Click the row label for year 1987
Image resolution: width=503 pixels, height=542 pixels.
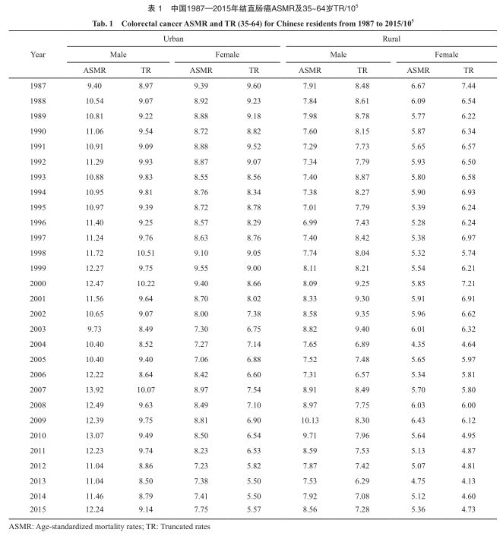38,86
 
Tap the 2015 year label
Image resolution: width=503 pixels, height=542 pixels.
38,509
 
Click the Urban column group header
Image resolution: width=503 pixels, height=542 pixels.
174,37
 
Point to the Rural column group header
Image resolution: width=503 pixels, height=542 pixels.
393,37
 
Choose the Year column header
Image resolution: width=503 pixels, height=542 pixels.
38,54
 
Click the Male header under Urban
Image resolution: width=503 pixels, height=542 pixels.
118,54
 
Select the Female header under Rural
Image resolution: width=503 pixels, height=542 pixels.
446,54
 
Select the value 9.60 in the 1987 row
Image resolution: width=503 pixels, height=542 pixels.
253,86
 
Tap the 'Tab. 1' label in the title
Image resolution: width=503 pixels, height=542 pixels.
100,24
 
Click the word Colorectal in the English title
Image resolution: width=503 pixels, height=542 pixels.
142,24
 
